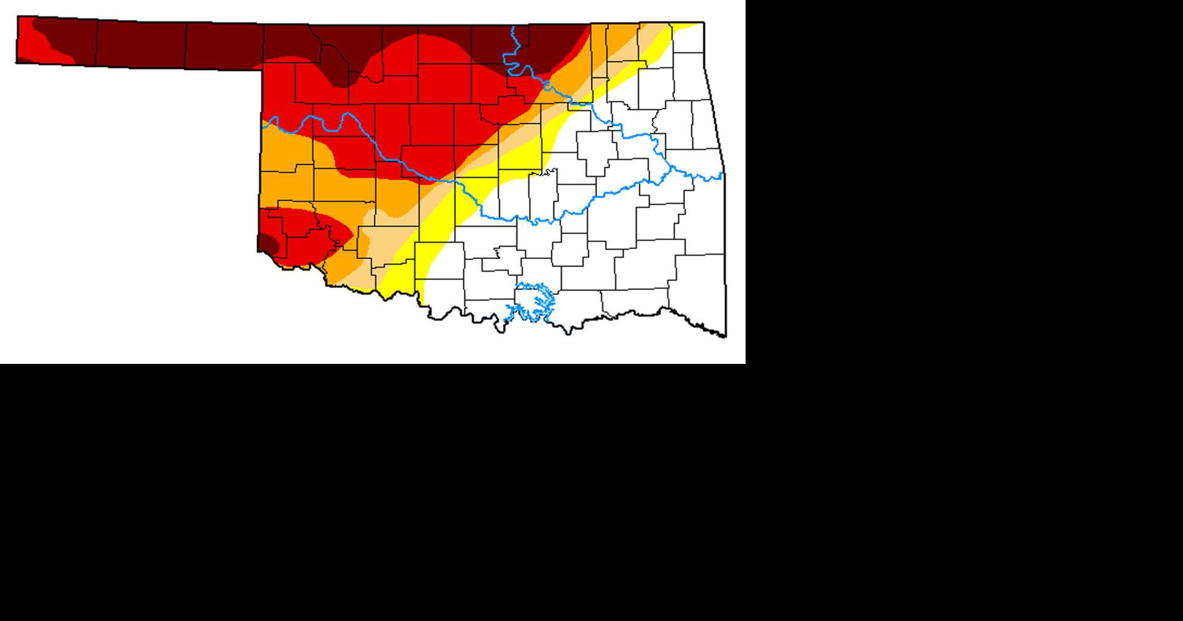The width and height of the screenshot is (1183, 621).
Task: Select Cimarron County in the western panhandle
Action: (56, 40)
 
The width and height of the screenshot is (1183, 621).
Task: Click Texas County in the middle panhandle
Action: (140, 43)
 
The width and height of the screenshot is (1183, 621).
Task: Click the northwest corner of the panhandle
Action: (17, 17)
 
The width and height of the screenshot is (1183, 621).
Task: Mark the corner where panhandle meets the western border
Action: (261, 70)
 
